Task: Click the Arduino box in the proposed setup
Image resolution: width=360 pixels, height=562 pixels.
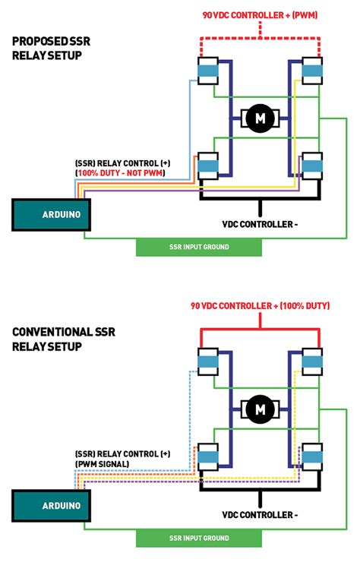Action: coord(51,214)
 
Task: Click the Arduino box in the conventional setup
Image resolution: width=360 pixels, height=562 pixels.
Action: coord(51,505)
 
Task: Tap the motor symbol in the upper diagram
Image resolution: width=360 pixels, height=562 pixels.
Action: coord(261,118)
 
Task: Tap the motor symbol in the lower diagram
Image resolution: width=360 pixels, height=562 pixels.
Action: coord(261,409)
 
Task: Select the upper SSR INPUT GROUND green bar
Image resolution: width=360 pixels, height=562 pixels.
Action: coord(198,247)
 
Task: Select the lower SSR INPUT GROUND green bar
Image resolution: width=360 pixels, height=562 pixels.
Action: coord(198,538)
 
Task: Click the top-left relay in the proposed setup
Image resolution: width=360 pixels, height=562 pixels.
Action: coord(207,71)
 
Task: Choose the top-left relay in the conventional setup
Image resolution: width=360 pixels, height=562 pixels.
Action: coord(207,362)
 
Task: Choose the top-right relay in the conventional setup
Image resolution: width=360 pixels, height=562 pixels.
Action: coord(312,362)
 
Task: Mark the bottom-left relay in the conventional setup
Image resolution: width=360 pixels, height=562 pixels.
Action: coord(207,456)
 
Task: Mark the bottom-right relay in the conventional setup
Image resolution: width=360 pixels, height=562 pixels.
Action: coord(312,456)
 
